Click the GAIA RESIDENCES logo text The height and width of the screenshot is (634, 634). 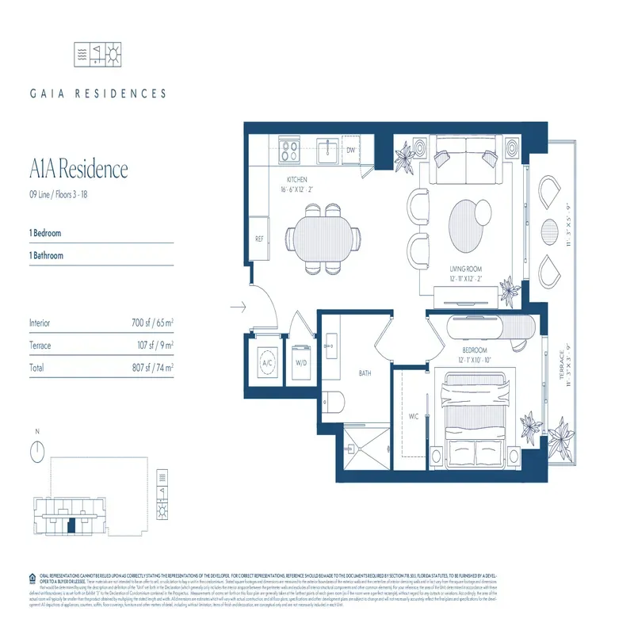[98, 94]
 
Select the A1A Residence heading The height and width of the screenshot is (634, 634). [78, 170]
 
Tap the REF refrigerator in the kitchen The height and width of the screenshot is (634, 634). [259, 237]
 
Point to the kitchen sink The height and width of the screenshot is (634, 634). [324, 148]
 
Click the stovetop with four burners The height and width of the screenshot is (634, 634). [289, 147]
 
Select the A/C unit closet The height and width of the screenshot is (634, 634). [266, 364]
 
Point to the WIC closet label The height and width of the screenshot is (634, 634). [412, 417]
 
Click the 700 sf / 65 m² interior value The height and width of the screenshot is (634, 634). [152, 323]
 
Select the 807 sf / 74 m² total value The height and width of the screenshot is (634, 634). [152, 368]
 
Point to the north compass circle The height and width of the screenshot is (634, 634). [36, 452]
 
